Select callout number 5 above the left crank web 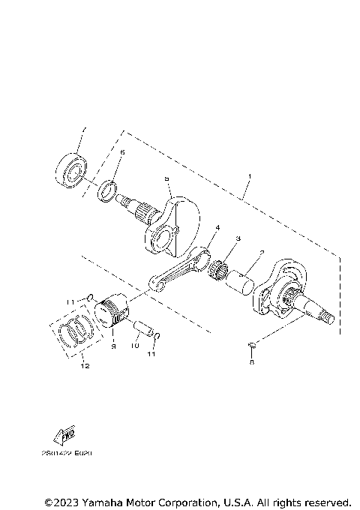(166, 179)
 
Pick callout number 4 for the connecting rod (217, 227)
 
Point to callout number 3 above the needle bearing (238, 238)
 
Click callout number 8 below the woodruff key (252, 361)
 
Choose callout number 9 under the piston (113, 346)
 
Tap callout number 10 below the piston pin (136, 346)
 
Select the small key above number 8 (252, 345)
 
